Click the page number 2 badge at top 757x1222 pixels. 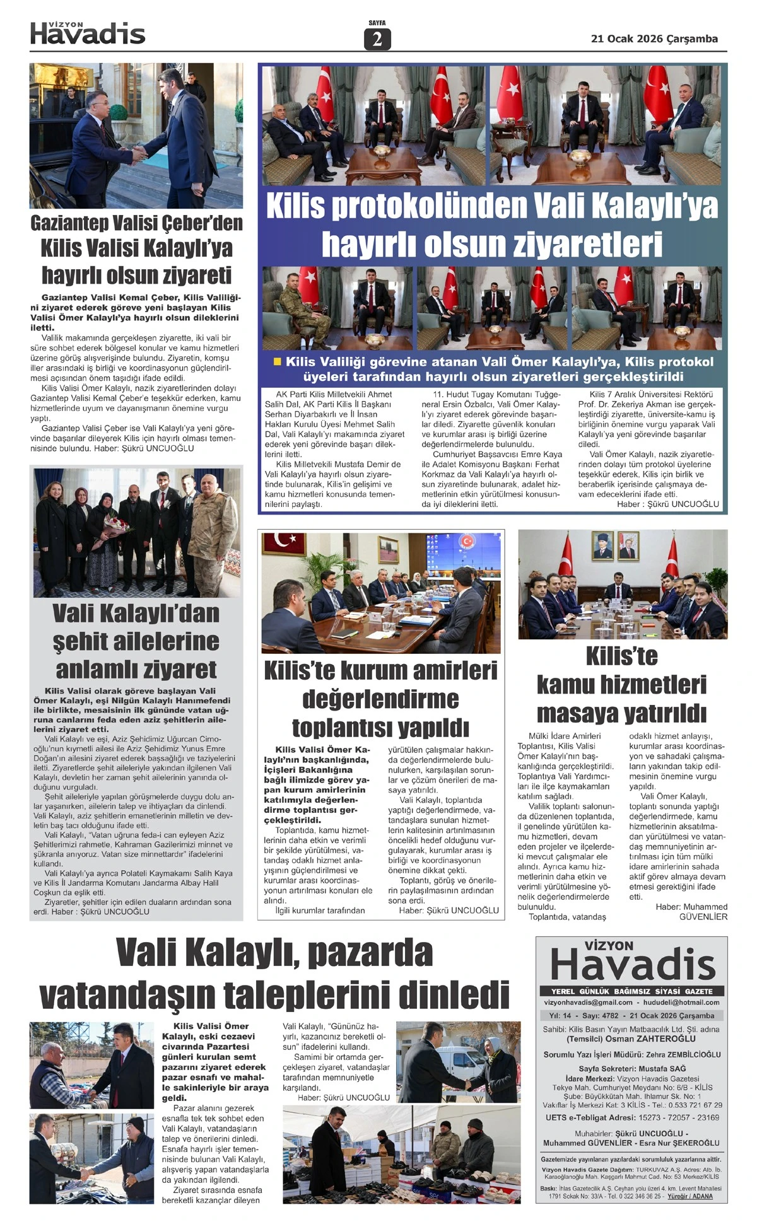pos(377,39)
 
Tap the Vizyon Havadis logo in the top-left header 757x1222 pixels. pos(88,33)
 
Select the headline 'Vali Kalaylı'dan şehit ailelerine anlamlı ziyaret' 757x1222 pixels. pos(136,641)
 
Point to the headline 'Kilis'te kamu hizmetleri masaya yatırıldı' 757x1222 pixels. pos(621,685)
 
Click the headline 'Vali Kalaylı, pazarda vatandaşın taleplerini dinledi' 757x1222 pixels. pos(274,974)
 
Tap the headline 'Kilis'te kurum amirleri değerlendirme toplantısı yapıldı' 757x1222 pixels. pos(380,699)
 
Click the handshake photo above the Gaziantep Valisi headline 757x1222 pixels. pos(136,136)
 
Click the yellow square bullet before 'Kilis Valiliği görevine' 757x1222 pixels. pos(277,362)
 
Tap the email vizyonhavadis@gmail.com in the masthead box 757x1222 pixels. pos(588,1002)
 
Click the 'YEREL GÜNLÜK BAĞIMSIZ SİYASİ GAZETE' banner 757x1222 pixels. pos(631,991)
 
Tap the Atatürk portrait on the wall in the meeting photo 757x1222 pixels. pos(603,546)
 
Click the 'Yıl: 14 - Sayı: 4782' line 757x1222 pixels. pos(584,1016)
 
